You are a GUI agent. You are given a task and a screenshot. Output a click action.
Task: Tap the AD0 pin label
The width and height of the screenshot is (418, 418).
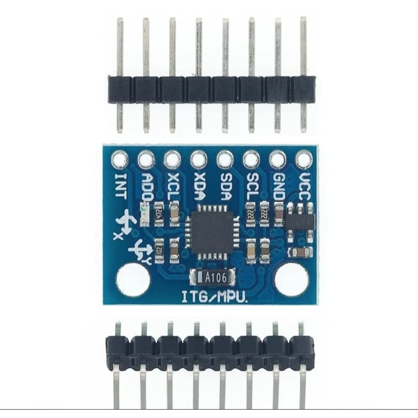pyautogui.click(x=147, y=187)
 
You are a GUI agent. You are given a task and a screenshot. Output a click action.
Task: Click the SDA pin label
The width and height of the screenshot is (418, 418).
pyautogui.click(x=225, y=186)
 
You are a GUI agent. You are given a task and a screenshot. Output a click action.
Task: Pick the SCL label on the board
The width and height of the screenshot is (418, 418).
pyautogui.click(x=251, y=186)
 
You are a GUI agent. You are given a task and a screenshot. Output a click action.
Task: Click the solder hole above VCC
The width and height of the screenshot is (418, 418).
pyautogui.click(x=304, y=158)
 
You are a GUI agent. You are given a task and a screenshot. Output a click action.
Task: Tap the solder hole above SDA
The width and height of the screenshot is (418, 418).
pyautogui.click(x=225, y=158)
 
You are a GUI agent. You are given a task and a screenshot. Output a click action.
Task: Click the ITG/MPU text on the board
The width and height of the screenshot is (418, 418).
pyautogui.click(x=214, y=297)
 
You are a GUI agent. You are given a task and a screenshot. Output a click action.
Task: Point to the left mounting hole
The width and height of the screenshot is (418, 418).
pyautogui.click(x=133, y=280)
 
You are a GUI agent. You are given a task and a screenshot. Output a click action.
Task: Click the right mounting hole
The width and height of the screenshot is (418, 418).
pyautogui.click(x=291, y=280)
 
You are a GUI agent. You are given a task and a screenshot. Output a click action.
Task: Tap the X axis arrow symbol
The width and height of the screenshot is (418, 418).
pyautogui.click(x=125, y=222)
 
